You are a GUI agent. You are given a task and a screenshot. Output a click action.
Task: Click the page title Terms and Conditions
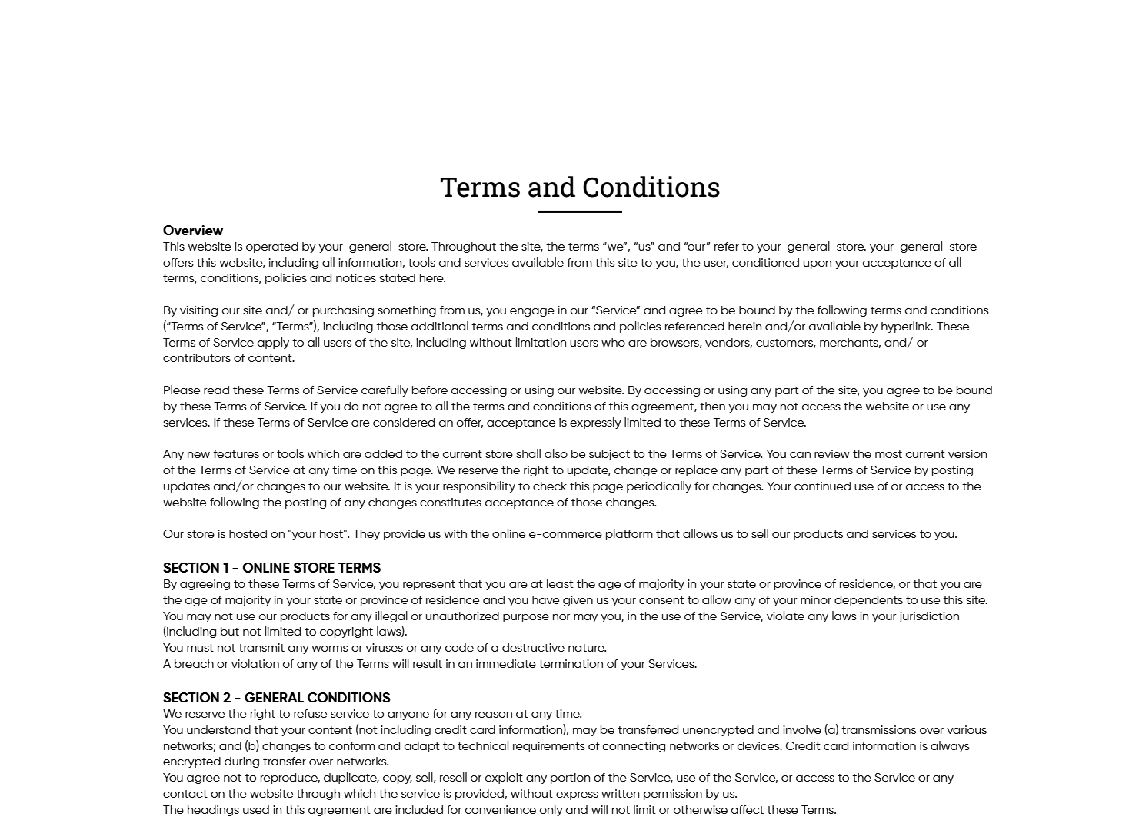point(580,188)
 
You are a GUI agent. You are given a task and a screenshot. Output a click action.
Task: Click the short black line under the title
point(579,211)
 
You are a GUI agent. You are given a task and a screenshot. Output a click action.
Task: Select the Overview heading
point(193,231)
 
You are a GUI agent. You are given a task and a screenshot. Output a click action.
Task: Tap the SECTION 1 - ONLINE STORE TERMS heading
point(271,568)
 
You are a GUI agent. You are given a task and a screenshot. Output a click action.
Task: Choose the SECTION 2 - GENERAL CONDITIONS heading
point(276,698)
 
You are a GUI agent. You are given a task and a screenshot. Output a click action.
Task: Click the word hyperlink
point(907,327)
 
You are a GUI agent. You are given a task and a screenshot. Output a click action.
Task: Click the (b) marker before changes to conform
point(251,746)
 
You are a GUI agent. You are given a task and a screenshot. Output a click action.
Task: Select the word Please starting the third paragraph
point(182,390)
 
